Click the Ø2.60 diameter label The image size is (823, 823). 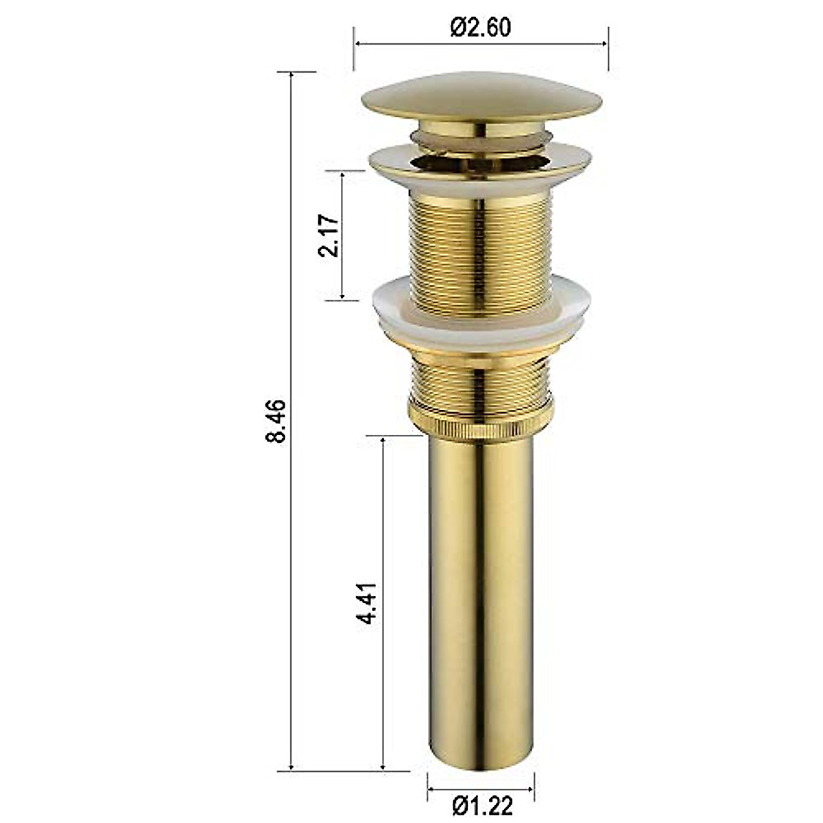pos(480,27)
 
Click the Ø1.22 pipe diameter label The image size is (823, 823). pos(481,807)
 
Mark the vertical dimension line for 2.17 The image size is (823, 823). pos(342,274)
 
